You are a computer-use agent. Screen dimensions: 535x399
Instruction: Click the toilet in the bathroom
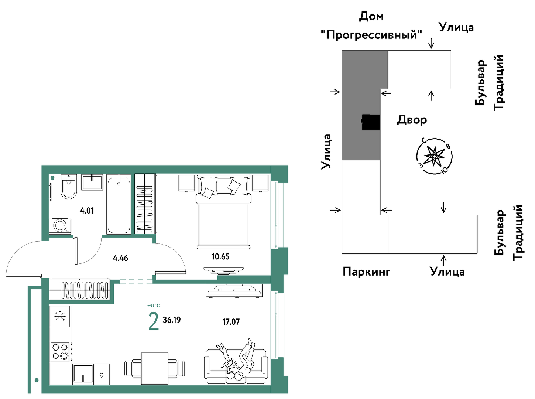(68, 186)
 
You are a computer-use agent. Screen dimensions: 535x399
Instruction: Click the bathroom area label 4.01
(87, 211)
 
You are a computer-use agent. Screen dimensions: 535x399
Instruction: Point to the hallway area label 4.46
(120, 258)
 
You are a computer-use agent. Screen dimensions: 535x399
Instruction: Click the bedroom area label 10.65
(220, 256)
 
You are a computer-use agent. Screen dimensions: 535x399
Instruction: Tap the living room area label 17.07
(231, 322)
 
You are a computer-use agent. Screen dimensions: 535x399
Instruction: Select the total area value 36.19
(172, 320)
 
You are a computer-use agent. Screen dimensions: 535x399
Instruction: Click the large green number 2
(154, 322)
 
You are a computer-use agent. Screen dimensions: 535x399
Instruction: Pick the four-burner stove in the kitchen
(61, 352)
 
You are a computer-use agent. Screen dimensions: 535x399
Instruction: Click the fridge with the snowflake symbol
(60, 316)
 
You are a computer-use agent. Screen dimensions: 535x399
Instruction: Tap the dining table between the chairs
(155, 368)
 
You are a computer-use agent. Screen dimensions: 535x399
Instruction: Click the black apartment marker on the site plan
(370, 122)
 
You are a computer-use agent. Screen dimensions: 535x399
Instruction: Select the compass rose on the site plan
(434, 156)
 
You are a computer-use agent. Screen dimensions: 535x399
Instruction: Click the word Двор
(412, 120)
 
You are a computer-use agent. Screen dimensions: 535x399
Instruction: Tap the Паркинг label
(366, 272)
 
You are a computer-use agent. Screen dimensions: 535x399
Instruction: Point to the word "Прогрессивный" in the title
(372, 35)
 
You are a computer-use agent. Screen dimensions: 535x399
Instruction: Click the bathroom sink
(92, 182)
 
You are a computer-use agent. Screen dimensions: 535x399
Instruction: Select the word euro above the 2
(154, 305)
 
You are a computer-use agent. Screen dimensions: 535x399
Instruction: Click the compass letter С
(423, 140)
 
